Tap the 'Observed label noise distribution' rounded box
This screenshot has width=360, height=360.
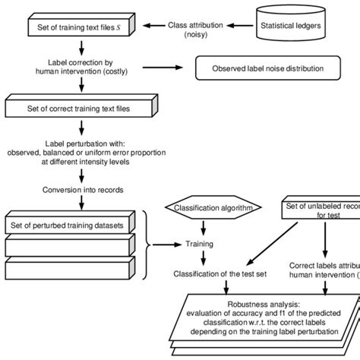[x=267, y=68]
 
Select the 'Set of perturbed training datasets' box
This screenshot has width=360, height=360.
[x=70, y=225]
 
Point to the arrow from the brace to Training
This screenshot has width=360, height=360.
[x=166, y=245]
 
